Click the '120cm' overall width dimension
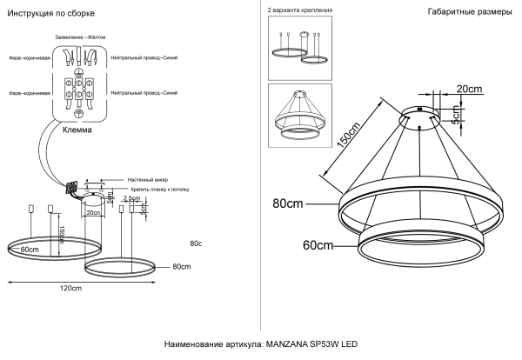[x=70, y=288]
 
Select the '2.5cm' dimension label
[x=131, y=198]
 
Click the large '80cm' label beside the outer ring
[x=288, y=205]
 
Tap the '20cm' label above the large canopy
[x=469, y=90]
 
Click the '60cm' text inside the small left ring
[x=30, y=250]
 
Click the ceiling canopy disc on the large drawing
[x=442, y=117]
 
